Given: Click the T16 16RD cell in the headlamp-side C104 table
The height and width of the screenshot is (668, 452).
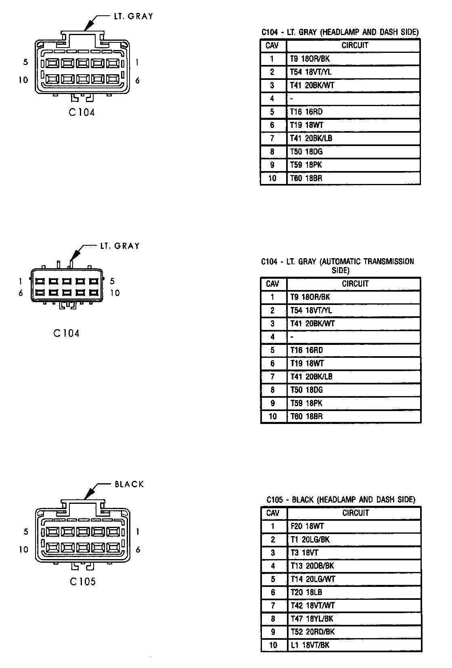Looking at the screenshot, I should [x=306, y=112].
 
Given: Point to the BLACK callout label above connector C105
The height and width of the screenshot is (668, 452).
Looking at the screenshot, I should [x=129, y=484].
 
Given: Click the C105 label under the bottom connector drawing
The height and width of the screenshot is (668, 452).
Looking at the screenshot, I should [x=83, y=581].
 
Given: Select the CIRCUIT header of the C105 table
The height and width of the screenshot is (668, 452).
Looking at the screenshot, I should [x=356, y=513].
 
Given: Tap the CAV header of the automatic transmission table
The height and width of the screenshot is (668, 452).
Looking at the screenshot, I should [x=273, y=284].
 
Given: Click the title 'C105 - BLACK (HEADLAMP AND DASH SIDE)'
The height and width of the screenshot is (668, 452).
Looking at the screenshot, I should [x=341, y=499].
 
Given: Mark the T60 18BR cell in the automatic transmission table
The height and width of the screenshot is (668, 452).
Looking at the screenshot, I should [x=307, y=416].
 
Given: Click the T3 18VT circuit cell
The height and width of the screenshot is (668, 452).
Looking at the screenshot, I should [x=305, y=553].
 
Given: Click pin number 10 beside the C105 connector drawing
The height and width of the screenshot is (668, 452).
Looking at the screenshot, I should [x=23, y=549].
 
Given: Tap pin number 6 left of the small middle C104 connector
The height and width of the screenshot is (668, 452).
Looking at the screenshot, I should [x=21, y=293].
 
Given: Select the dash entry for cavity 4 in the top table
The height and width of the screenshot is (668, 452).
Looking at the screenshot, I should [x=291, y=98].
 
